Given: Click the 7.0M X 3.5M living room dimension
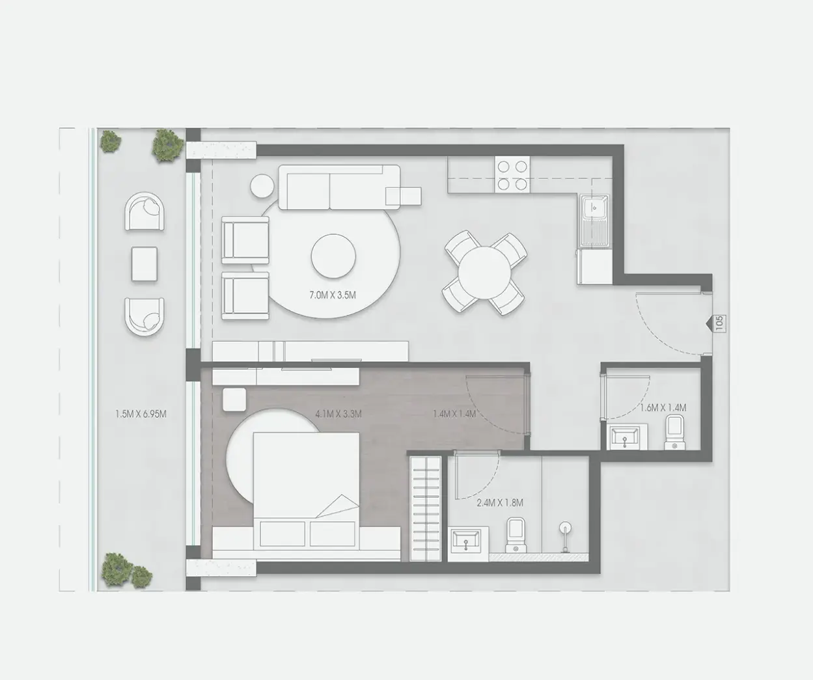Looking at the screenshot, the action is click(x=333, y=295).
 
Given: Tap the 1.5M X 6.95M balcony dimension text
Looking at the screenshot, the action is click(x=141, y=414).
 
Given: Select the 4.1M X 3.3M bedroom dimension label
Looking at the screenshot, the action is click(x=338, y=414).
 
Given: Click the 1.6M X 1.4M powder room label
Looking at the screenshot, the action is click(x=663, y=408).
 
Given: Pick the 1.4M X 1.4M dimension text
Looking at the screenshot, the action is click(x=454, y=414).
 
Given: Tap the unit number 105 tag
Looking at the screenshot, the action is click(x=719, y=323).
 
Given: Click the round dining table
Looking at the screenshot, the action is click(x=484, y=273).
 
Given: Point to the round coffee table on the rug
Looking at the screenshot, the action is click(x=333, y=256).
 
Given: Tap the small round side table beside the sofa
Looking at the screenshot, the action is click(x=262, y=186).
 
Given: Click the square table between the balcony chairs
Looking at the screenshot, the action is click(x=145, y=264).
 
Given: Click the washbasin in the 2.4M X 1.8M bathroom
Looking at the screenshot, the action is click(x=466, y=542).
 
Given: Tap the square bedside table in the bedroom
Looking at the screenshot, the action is click(x=234, y=400).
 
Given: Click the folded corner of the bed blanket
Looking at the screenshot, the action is click(x=338, y=506).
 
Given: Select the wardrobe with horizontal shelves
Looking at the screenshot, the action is click(x=426, y=509).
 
